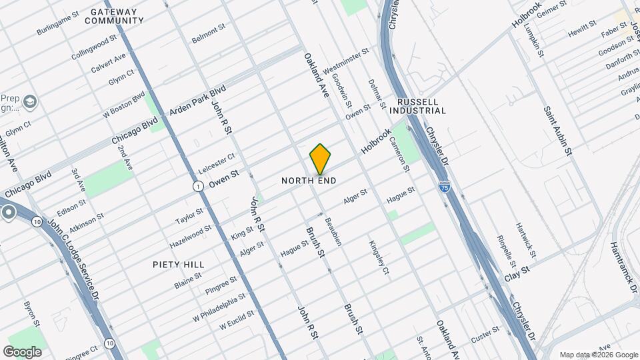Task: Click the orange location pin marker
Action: (x=321, y=159)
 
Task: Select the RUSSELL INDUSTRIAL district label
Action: (x=421, y=106)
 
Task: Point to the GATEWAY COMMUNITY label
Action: (x=115, y=16)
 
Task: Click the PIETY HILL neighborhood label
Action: (x=177, y=265)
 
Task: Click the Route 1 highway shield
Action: (x=198, y=186)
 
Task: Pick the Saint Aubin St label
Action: (x=558, y=131)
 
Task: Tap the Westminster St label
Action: (x=347, y=61)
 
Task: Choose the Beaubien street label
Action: (x=333, y=231)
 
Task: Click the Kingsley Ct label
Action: (x=378, y=257)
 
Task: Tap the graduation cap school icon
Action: (x=30, y=101)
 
